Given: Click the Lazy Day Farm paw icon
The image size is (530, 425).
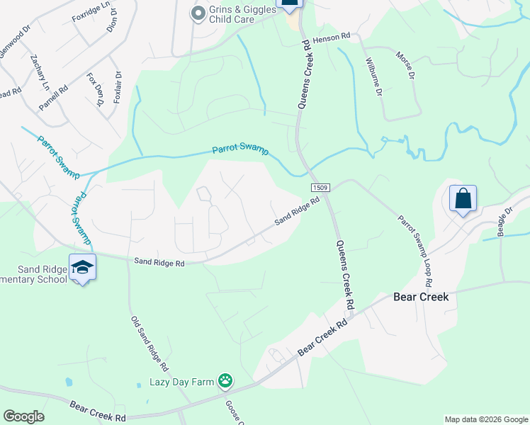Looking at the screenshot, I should coord(225,382).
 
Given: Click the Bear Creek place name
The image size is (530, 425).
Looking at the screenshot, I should coord(421,297).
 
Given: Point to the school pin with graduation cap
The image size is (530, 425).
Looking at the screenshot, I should coord(82,268).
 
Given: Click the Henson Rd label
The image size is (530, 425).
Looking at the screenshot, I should coord(332,35).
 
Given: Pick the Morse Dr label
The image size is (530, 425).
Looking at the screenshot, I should coord(404,67).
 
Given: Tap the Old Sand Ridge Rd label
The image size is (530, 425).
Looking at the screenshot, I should coord(149,344).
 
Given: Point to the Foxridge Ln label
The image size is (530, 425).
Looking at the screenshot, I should coord(91,8).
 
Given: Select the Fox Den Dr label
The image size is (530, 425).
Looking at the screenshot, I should coord(96,89).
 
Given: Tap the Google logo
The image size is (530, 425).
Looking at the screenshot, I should coord(23,416).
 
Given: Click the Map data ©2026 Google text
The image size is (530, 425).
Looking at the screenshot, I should coord(485,419).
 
